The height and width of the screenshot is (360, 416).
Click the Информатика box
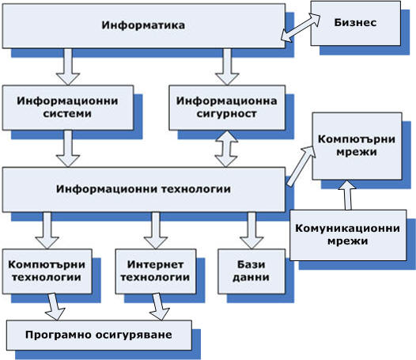(144, 26)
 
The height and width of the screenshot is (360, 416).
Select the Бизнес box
(356, 24)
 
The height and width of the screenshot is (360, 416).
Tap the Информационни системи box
(68, 108)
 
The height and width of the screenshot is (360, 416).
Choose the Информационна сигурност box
(227, 108)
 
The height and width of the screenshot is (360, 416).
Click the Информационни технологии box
(144, 190)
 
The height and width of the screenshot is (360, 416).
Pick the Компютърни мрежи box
(357, 146)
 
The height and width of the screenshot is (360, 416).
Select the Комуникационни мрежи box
(348, 235)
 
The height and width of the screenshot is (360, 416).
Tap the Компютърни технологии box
(47, 271)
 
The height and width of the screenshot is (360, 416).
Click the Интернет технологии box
(156, 271)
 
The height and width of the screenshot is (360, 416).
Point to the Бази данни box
(251, 271)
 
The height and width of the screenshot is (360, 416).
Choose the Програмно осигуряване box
(99, 335)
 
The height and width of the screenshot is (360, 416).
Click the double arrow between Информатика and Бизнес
(301, 27)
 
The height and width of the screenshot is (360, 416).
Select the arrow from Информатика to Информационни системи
(68, 67)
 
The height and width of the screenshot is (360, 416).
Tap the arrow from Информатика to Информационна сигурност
(227, 67)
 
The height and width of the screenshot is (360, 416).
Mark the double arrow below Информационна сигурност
(226, 149)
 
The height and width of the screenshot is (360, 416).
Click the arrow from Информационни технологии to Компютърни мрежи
(301, 166)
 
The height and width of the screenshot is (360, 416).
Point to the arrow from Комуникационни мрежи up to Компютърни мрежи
(347, 195)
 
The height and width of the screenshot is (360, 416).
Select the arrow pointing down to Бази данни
(251, 231)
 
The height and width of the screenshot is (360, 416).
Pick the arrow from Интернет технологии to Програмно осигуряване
(159, 307)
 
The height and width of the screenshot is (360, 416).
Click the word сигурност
(226, 114)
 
